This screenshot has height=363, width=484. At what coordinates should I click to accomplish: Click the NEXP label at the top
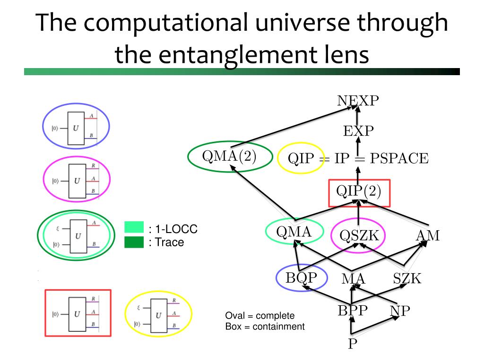point(358,100)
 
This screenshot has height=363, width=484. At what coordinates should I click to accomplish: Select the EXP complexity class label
point(358,130)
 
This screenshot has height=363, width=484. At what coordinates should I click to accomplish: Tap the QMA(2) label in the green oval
point(230,157)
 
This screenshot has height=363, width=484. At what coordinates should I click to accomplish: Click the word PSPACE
point(399,158)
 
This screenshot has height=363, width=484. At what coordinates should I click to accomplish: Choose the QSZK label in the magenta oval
point(359,234)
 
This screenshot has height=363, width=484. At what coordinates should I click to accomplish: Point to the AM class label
point(428,235)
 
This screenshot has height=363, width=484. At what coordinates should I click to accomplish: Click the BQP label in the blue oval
point(301,277)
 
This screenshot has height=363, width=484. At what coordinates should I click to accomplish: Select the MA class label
point(354,279)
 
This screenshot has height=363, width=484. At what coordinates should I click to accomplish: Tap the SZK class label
point(407,279)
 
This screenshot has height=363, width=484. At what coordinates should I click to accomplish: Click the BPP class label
point(353,311)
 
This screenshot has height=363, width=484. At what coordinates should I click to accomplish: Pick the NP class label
point(400,311)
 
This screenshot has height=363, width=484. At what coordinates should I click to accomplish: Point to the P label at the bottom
point(352,344)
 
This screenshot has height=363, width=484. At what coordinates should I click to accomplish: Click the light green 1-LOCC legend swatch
point(134,227)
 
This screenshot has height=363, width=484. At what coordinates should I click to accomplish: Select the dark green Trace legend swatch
point(134,242)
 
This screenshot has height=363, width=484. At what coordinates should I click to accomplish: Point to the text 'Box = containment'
point(265,326)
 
